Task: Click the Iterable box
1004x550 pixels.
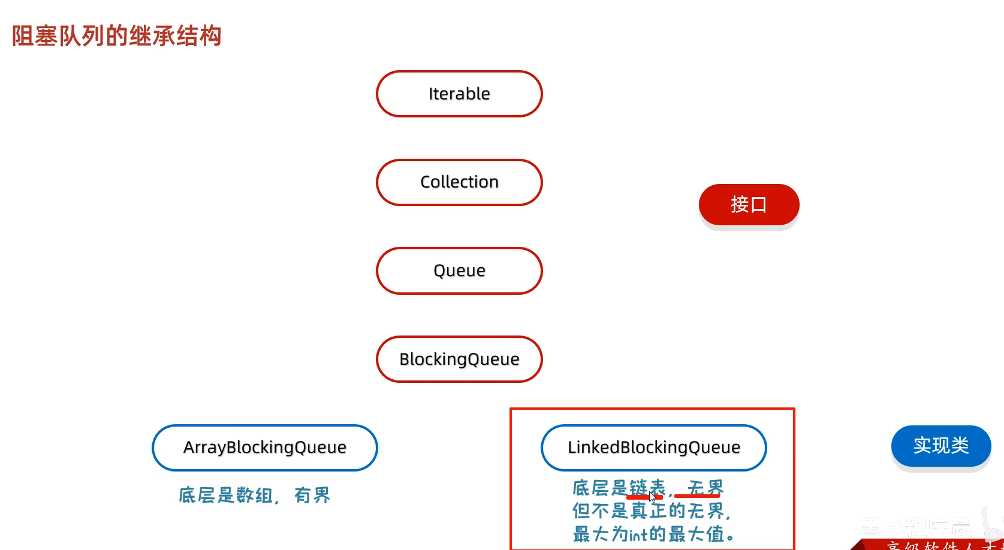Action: [459, 94]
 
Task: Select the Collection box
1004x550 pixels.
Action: [459, 182]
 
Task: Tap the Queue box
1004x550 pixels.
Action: [459, 271]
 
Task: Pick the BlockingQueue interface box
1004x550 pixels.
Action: [459, 359]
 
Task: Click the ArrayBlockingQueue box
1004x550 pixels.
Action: [265, 448]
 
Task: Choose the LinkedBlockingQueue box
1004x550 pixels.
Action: [653, 448]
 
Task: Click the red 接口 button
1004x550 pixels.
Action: [749, 205]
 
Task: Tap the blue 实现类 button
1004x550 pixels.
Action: [940, 446]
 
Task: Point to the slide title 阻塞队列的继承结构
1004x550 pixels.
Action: [117, 36]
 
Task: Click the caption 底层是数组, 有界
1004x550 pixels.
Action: [254, 495]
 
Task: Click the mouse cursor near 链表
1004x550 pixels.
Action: [652, 496]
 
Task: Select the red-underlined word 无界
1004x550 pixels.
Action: [705, 488]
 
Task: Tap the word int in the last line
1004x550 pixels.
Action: [638, 534]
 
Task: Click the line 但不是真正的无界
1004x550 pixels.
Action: [651, 511]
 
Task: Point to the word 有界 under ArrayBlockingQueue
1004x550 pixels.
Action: [312, 495]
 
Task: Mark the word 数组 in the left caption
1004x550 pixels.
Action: [254, 495]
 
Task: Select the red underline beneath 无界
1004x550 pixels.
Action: [697, 497]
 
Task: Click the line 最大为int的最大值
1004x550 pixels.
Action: [653, 534]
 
